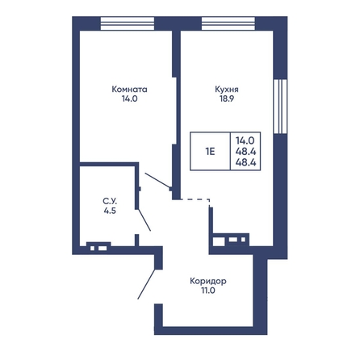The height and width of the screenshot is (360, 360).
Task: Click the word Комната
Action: click(129, 90)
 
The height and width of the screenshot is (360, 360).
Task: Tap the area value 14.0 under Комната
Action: click(129, 98)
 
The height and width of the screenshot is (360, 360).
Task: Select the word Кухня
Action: click(227, 90)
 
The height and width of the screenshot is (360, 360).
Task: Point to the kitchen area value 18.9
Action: click(227, 98)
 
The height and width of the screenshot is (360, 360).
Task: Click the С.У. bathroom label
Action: click(110, 201)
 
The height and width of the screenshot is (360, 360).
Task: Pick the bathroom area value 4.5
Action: click(110, 211)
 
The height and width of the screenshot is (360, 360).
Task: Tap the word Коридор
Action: click(208, 281)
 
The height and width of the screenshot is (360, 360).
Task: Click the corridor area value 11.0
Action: click(208, 291)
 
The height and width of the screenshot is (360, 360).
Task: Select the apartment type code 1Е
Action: click(210, 152)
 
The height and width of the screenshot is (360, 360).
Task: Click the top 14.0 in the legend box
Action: click(245, 140)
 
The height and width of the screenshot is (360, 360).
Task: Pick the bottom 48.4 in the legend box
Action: click(245, 162)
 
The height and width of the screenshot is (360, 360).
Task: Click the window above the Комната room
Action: click(128, 23)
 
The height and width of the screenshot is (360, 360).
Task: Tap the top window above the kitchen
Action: click(228, 23)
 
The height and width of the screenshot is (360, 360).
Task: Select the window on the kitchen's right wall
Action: click(280, 107)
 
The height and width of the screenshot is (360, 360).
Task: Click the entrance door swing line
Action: click(147, 284)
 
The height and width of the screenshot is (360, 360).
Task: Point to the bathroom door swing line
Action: click(144, 220)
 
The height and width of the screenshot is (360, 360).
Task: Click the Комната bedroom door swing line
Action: click(157, 180)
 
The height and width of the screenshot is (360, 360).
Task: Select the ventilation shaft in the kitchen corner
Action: click(231, 240)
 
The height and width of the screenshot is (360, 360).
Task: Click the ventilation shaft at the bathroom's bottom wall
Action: click(98, 246)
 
